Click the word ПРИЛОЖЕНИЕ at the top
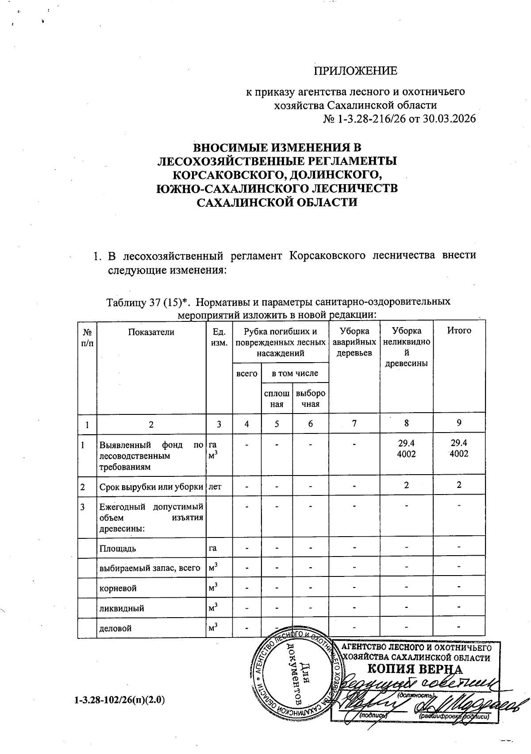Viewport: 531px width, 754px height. point(355,71)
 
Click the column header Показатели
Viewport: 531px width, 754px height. point(151,331)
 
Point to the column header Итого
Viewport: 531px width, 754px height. point(459,330)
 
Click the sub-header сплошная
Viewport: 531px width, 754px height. point(277,398)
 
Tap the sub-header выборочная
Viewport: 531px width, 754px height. point(310,398)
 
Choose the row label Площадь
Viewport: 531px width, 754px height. point(117,549)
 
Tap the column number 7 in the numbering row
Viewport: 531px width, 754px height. point(354,424)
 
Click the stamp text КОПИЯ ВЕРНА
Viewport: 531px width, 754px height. point(415,669)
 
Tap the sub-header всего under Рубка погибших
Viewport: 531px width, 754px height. point(247,373)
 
